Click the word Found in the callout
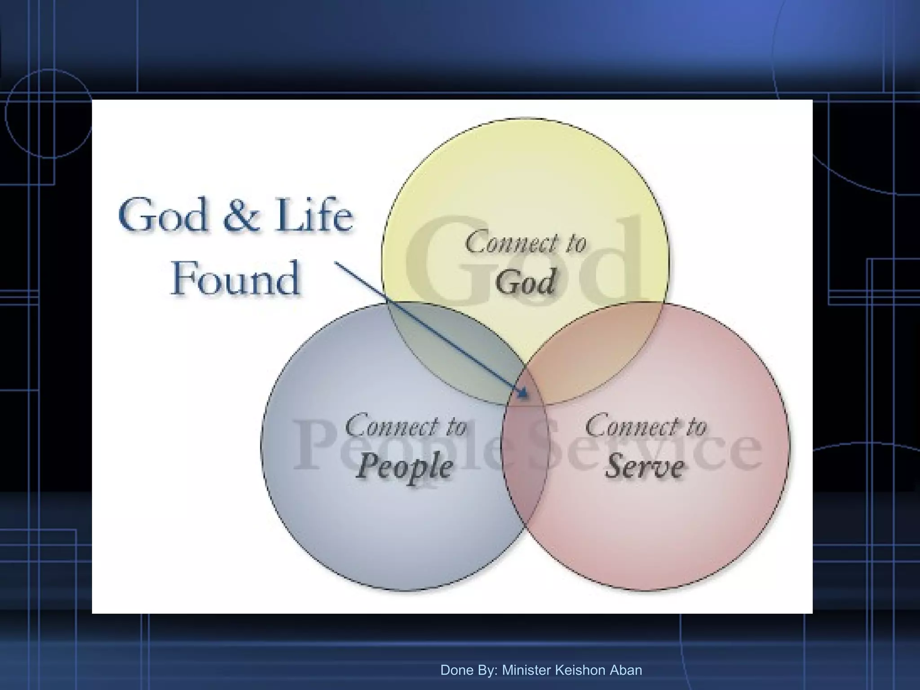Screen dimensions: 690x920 coord(235,279)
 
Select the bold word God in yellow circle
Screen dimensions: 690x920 coord(526,282)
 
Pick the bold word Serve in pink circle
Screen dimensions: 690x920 coord(645,466)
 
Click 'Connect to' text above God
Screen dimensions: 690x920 coord(526,243)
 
